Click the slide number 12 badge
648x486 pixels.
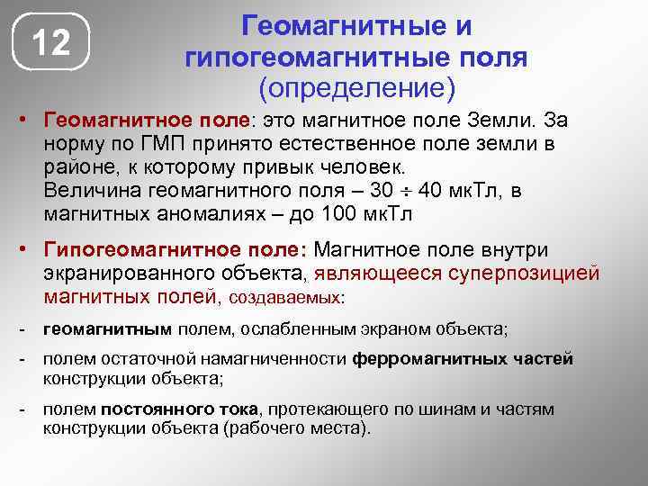click(51, 42)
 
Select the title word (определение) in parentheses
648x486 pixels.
click(357, 89)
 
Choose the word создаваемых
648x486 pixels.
click(287, 296)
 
